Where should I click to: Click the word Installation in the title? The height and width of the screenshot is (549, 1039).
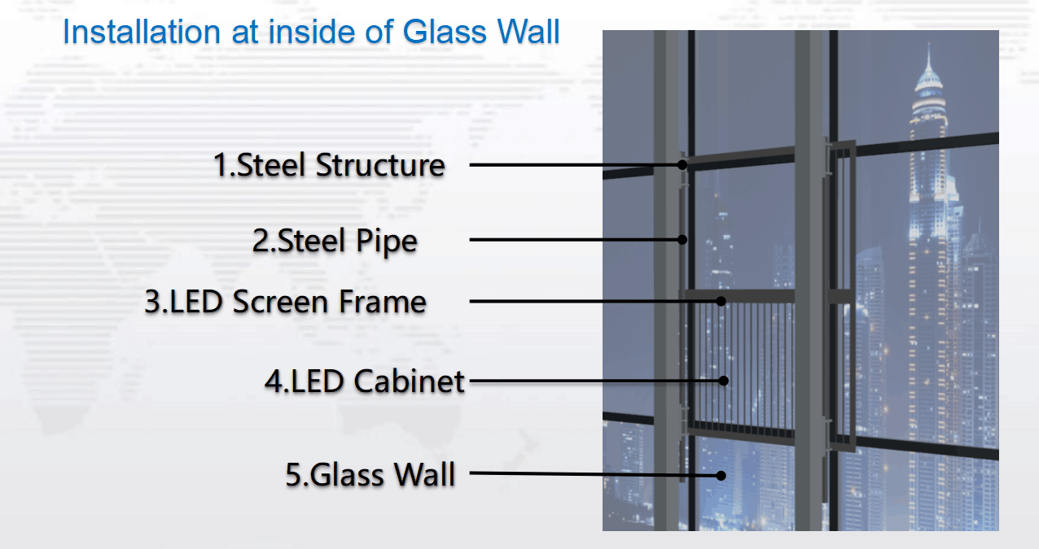(x=142, y=32)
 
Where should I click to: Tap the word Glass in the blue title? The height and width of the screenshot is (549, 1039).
(x=445, y=32)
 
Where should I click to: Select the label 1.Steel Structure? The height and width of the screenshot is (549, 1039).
(x=329, y=165)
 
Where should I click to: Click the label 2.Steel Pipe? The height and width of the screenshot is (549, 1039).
(x=335, y=241)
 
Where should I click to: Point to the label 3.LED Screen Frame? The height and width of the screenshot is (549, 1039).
(x=285, y=302)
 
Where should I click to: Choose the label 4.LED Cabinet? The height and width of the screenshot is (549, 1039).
(x=364, y=381)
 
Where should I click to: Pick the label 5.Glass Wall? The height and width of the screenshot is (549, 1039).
(x=370, y=474)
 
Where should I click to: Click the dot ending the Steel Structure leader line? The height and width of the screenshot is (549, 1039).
(x=682, y=164)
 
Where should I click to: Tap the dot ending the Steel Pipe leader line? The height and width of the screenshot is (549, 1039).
(x=682, y=239)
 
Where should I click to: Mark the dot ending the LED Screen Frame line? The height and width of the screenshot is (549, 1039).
(x=721, y=301)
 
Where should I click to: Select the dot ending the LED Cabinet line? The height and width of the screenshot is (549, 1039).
(x=723, y=381)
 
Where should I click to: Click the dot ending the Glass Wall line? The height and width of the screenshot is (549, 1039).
(x=721, y=475)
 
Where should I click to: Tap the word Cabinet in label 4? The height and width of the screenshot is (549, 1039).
(x=409, y=381)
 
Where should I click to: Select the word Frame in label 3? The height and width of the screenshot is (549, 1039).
(x=382, y=302)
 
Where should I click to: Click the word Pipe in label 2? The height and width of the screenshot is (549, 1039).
(x=387, y=242)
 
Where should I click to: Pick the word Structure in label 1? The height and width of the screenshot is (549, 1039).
(x=380, y=165)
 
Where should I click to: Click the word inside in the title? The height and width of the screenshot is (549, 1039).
(x=312, y=32)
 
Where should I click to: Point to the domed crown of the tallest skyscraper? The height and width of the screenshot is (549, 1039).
(x=928, y=81)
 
